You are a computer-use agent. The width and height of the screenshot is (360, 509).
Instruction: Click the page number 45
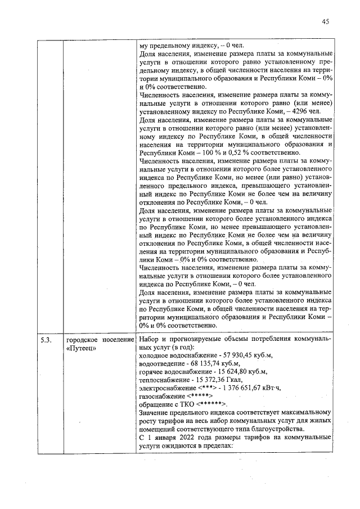click(x=325, y=21)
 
